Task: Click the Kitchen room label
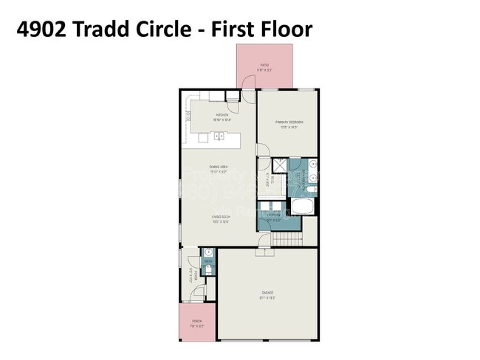[220, 116]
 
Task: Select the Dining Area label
[218, 167]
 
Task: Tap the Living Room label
[218, 217]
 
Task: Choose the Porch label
[197, 322]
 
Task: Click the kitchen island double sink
[219, 136]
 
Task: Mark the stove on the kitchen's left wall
[188, 114]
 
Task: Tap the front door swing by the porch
[198, 294]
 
